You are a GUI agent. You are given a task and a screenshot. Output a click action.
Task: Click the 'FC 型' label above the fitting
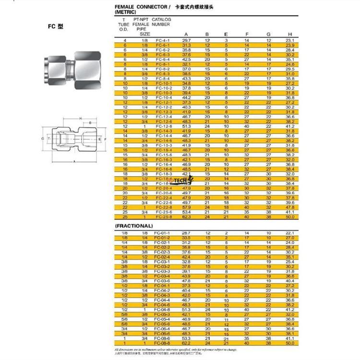coord(56,26)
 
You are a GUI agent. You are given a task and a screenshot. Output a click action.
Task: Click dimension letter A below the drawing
coord(74,162)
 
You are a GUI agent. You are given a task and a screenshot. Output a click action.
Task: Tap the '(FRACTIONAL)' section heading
coord(133,225)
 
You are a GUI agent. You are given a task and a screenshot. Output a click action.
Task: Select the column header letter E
coord(226,34)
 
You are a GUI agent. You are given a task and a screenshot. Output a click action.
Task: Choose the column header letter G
coord(269,34)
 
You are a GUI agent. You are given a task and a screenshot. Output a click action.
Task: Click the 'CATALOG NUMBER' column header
coord(161,22)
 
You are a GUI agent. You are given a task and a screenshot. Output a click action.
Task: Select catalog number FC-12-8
coord(163,126)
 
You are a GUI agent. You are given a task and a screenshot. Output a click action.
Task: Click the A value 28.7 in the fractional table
coord(186,233)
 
